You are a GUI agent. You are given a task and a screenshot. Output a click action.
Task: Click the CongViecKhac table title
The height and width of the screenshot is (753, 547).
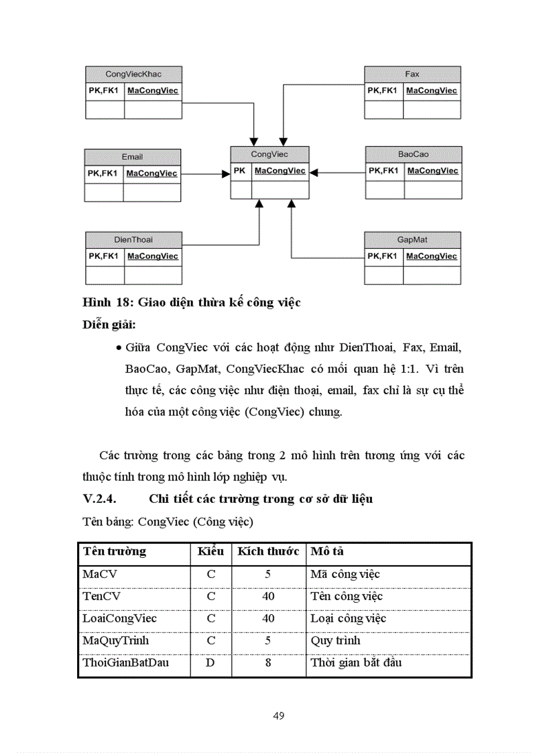(133, 74)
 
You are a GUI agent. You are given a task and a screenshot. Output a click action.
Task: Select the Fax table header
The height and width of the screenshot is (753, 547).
(412, 74)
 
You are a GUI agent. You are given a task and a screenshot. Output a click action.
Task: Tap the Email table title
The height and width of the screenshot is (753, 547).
(132, 157)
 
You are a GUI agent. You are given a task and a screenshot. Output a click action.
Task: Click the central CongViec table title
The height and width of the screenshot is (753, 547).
(269, 154)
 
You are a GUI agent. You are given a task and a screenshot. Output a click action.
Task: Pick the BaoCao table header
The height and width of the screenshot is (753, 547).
(413, 154)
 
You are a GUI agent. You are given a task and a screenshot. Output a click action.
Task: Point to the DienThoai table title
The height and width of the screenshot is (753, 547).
(133, 239)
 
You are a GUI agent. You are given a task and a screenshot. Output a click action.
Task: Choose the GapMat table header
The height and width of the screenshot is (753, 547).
(412, 239)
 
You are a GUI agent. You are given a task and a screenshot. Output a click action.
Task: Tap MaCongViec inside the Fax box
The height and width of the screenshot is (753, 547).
(432, 91)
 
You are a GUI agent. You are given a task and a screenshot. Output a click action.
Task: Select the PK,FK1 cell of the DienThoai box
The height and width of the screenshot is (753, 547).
(104, 256)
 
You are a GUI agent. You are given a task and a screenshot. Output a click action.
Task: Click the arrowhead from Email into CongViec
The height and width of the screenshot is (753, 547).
(226, 174)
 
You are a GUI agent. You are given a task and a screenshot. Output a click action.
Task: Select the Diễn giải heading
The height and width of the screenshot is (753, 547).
(109, 325)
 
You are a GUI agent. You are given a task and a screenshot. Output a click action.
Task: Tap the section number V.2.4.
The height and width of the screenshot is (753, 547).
(100, 499)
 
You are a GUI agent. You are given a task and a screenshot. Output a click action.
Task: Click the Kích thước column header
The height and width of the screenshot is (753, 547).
(268, 552)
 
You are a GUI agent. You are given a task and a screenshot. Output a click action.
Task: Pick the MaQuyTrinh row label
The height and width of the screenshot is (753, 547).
(115, 640)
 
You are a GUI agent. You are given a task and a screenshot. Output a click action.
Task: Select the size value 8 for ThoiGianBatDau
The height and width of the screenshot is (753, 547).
(268, 662)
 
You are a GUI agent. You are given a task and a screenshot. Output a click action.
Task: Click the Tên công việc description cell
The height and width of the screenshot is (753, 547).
(347, 596)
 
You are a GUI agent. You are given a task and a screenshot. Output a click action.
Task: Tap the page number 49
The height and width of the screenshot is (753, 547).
(279, 715)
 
